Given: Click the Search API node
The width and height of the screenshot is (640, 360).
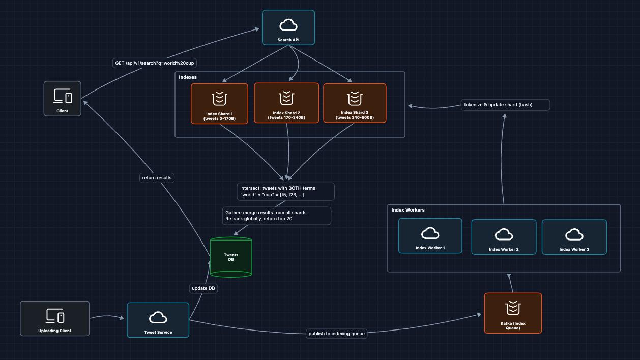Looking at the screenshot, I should pyautogui.click(x=288, y=27).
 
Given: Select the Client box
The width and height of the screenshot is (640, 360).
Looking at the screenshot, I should pyautogui.click(x=63, y=99).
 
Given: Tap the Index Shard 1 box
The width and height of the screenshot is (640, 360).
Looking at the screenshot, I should pyautogui.click(x=219, y=103).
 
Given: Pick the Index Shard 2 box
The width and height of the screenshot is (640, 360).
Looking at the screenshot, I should pyautogui.click(x=286, y=103).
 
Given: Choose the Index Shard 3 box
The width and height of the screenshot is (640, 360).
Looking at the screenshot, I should pyautogui.click(x=355, y=103).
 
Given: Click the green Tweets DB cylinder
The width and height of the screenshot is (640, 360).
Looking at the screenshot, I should pyautogui.click(x=231, y=257).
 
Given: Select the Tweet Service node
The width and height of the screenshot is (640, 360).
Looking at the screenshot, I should pyautogui.click(x=158, y=320).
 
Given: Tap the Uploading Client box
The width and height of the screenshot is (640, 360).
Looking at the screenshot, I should pyautogui.click(x=55, y=318).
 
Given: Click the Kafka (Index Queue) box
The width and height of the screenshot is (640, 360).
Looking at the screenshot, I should pyautogui.click(x=513, y=313).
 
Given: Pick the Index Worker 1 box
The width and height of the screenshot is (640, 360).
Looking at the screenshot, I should pyautogui.click(x=430, y=236).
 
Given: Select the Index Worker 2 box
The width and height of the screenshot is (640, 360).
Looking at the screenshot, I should pyautogui.click(x=503, y=237).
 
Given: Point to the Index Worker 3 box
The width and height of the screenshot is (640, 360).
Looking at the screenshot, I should pyautogui.click(x=574, y=237).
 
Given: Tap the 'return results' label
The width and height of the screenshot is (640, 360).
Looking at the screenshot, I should pyautogui.click(x=157, y=178).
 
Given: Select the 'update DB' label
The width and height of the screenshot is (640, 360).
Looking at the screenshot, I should pyautogui.click(x=203, y=288).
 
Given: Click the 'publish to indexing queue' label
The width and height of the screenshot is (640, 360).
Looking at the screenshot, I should pyautogui.click(x=337, y=334).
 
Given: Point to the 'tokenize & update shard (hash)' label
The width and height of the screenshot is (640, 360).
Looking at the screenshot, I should pyautogui.click(x=505, y=105).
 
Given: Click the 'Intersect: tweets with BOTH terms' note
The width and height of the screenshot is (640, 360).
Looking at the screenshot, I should pyautogui.click(x=285, y=191).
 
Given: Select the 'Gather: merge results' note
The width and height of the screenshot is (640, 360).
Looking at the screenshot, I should pyautogui.click(x=277, y=215).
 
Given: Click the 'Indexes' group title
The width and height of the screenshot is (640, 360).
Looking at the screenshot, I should pyautogui.click(x=188, y=77).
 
